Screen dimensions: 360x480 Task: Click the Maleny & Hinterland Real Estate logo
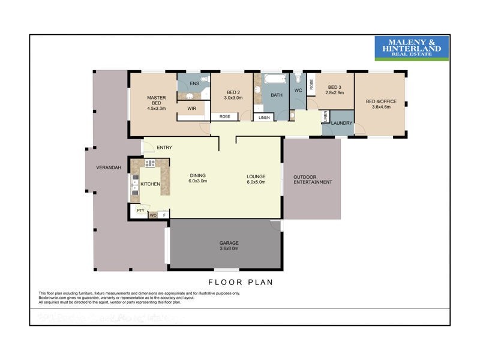click(x=412, y=48)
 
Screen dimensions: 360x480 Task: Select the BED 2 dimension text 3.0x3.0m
click(x=233, y=98)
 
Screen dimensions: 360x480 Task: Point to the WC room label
click(x=298, y=90)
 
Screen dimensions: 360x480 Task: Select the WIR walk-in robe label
click(x=192, y=109)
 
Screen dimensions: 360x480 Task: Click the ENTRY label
click(x=164, y=147)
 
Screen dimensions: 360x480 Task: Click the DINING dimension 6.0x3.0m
click(x=197, y=181)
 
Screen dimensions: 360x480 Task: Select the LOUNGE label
click(x=256, y=176)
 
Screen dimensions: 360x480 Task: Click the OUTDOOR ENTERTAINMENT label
click(x=312, y=179)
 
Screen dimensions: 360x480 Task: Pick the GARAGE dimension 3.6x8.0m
click(x=229, y=248)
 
